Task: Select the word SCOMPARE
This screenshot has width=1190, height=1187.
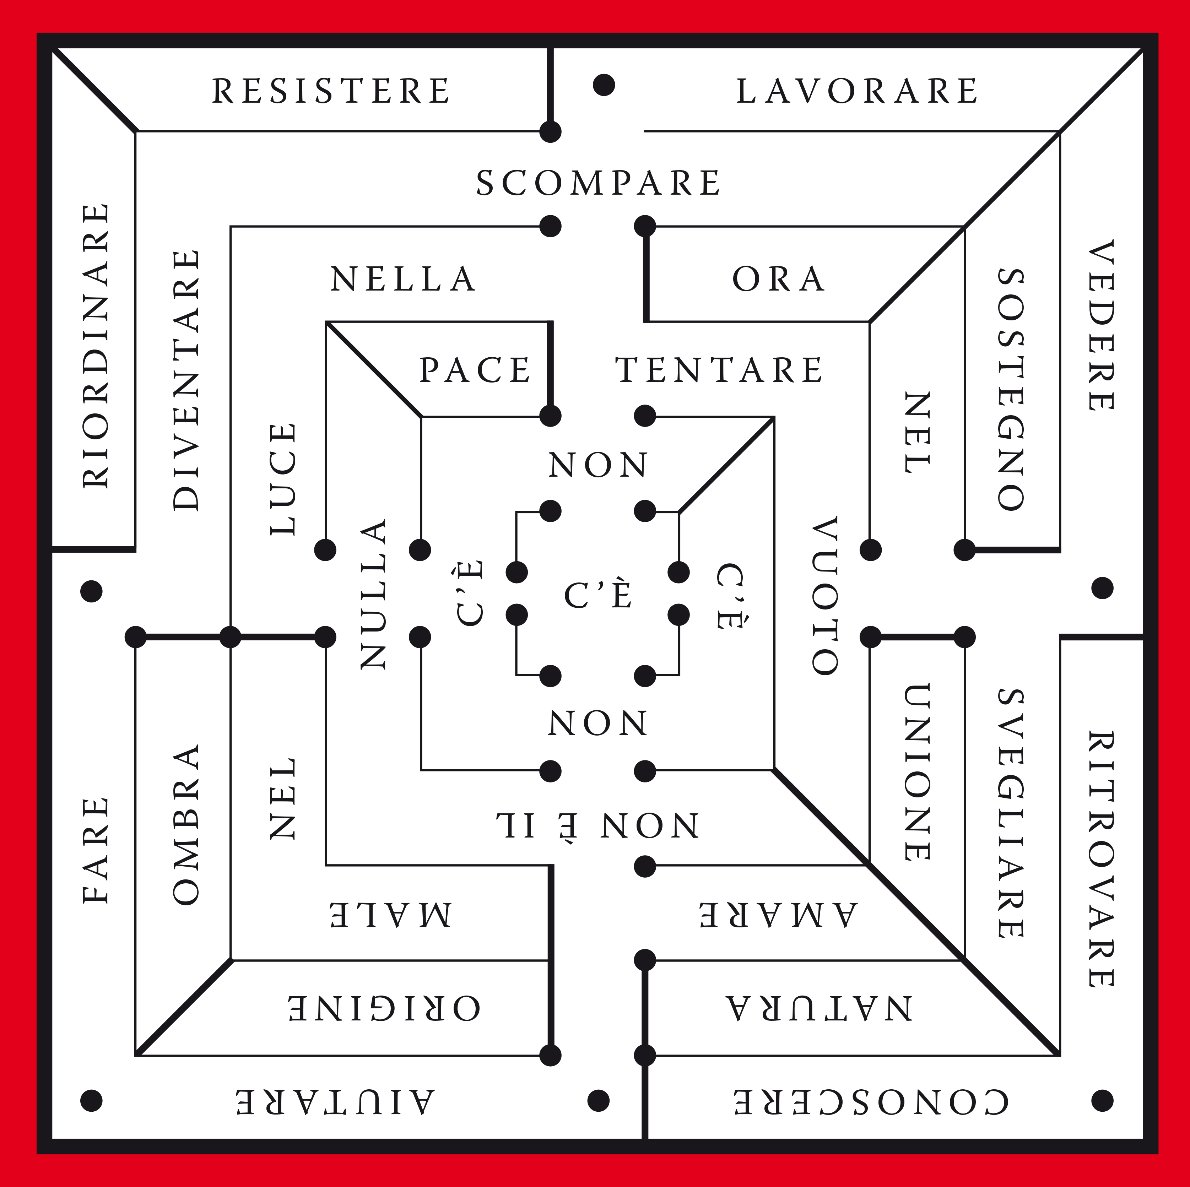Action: click(x=598, y=183)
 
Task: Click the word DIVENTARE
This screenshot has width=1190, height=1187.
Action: click(x=186, y=380)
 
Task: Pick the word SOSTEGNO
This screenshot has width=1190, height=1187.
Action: click(x=1010, y=389)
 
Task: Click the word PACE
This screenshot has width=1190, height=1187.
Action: click(x=475, y=370)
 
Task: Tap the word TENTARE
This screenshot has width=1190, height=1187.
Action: click(x=719, y=370)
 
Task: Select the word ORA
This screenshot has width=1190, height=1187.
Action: click(x=779, y=279)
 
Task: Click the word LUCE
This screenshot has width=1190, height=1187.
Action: click(x=283, y=479)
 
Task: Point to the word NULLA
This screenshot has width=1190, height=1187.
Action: click(x=373, y=593)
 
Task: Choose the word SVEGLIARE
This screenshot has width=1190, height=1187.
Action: click(x=1010, y=813)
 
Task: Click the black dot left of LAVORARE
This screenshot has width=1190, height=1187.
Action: click(x=604, y=85)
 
